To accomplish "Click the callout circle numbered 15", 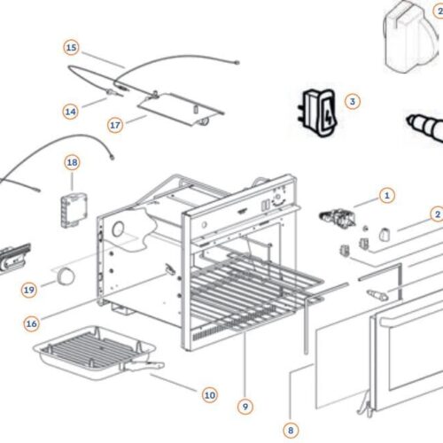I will [72, 47].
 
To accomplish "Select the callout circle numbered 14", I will [72, 112].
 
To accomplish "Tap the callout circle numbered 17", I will [115, 125].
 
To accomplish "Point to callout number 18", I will [72, 162].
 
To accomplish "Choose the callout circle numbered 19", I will [29, 290].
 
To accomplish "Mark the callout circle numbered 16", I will [32, 323].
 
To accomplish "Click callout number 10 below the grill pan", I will [209, 394].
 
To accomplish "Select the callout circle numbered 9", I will [245, 406].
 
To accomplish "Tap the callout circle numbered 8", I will [290, 430].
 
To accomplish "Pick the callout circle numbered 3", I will [352, 102].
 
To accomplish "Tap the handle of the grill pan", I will [148, 364].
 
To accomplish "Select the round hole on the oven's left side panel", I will [117, 229].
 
